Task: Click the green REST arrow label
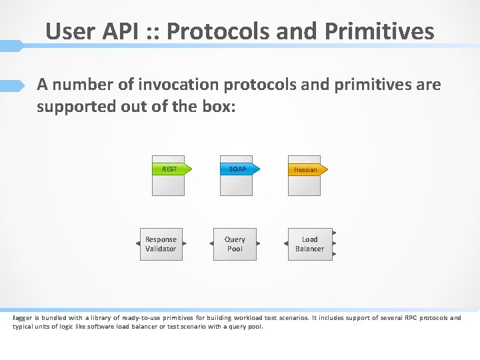point(171,169)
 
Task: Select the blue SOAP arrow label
point(238,169)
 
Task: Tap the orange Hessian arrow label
point(306,169)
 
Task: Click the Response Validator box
point(161,244)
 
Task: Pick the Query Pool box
point(235,244)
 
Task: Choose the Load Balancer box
point(309,244)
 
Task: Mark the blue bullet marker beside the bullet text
point(12,85)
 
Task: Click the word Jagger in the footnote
point(23,317)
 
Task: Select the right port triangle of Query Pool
point(259,244)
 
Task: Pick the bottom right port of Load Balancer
point(334,254)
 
